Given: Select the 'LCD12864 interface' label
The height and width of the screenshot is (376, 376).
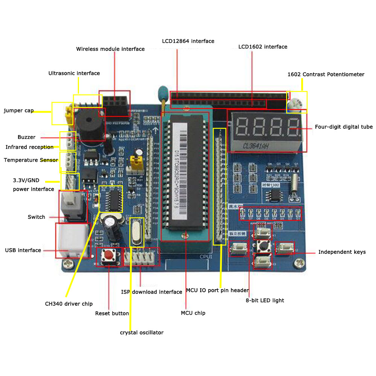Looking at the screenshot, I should click(188, 41).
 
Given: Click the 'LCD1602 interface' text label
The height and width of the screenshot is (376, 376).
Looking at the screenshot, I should click(262, 47).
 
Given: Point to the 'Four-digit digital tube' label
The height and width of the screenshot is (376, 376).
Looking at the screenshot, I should click(344, 127).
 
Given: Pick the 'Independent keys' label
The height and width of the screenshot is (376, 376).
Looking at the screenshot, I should click(342, 252).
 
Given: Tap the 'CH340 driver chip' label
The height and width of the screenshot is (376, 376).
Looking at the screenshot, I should click(69, 304).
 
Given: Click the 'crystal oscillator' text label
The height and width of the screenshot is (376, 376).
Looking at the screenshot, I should click(142, 332).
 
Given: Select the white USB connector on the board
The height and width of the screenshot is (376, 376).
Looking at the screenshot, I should click(71, 240).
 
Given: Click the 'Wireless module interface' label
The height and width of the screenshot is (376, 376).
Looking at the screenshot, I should click(110, 49).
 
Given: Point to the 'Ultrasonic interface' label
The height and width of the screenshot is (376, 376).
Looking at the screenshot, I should click(74, 73).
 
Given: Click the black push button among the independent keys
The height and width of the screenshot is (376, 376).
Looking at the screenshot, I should click(262, 247).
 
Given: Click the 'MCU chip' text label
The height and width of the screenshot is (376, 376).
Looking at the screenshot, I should click(193, 313).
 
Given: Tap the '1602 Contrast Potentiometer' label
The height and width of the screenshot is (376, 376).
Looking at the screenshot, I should click(326, 74).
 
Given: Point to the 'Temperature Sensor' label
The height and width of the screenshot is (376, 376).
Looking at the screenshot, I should click(31, 160).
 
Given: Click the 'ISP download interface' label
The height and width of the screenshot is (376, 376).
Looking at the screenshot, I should click(152, 292).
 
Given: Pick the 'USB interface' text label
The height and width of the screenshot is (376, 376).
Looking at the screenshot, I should click(23, 250).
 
